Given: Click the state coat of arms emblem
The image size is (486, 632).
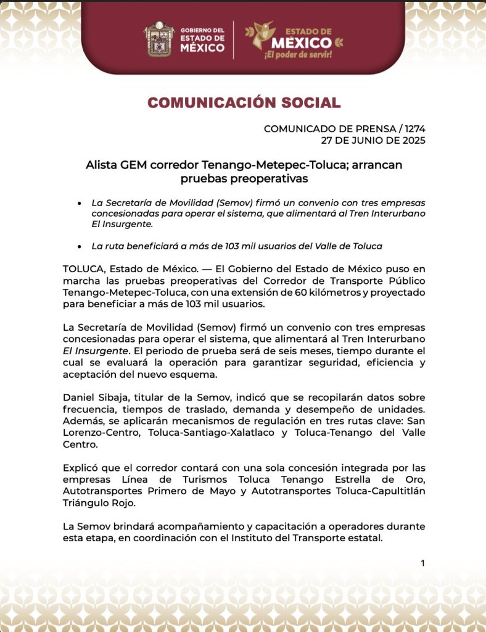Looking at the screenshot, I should [159, 39].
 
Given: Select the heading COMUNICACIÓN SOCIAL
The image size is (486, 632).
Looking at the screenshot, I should [243, 102].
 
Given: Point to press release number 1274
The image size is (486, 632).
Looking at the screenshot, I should [414, 129].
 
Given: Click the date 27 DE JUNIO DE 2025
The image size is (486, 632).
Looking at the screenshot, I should [373, 140].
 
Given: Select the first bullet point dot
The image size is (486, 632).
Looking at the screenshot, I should [79, 203].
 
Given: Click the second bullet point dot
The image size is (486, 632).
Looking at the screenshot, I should [79, 246].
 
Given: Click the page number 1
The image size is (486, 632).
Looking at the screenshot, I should [422, 563].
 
